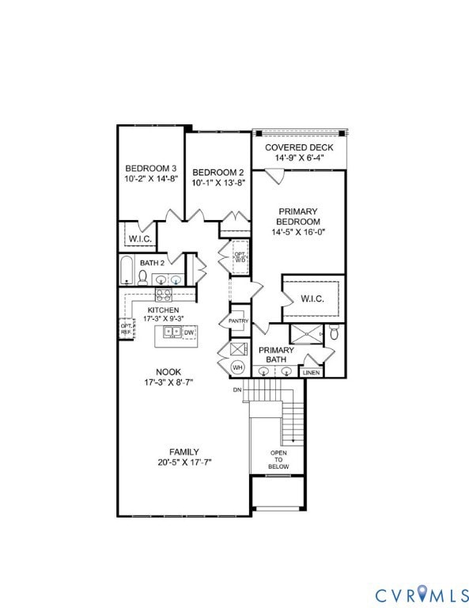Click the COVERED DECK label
point(298,147)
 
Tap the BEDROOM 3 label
point(150,169)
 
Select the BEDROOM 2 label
point(217,173)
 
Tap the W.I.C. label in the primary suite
point(312,298)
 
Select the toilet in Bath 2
point(143,276)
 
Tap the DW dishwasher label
point(188,332)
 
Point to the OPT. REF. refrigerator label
point(126,328)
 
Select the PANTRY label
point(239,321)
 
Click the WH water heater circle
point(237,367)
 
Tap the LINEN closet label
point(312,372)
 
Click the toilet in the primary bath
point(335,333)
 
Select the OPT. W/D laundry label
point(239,257)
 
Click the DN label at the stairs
point(236,389)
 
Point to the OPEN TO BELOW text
point(278,458)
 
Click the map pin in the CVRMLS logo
point(421,592)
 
